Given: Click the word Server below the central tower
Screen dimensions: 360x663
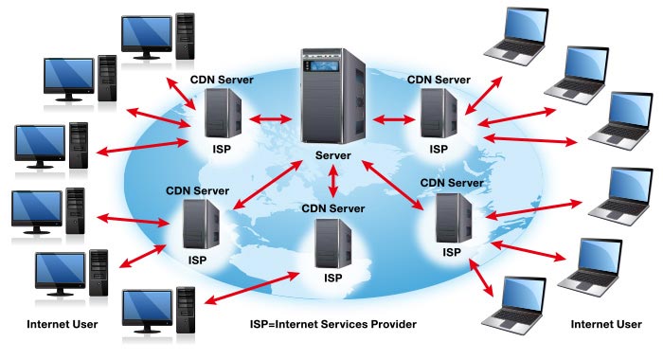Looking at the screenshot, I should (x=332, y=155).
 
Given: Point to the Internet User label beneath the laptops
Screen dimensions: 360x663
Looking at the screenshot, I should (x=606, y=325).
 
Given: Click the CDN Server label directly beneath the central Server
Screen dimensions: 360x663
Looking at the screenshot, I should (x=332, y=207).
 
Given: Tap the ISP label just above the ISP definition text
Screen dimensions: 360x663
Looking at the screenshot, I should (x=332, y=279).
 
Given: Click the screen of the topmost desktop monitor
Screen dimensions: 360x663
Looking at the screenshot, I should (x=145, y=32).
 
